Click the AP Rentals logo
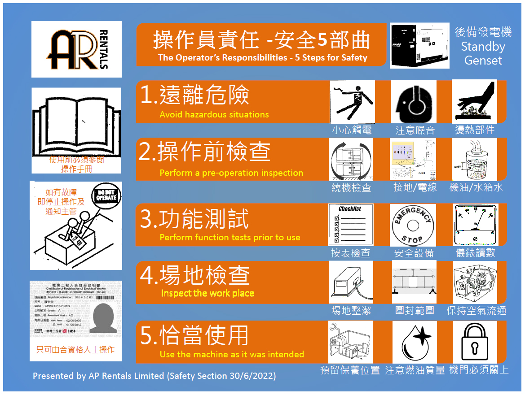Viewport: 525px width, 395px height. [x=76, y=49]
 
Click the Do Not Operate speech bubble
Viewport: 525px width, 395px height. [x=106, y=196]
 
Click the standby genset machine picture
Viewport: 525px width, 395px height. [x=419, y=45]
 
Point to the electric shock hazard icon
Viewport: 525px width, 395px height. [x=352, y=102]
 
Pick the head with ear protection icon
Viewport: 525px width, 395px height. [x=414, y=102]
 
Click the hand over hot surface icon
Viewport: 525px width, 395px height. [x=474, y=102]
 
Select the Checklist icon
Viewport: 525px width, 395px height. [x=351, y=225]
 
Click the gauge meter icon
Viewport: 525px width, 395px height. [x=475, y=225]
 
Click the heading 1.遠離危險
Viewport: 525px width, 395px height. [x=195, y=95]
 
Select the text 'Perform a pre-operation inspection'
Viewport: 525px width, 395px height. [x=231, y=173]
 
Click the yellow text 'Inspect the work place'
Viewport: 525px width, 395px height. [x=207, y=294]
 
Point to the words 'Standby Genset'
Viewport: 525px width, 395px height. [x=483, y=53]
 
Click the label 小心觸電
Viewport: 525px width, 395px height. [x=352, y=130]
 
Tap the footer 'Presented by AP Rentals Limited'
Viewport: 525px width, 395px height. [x=154, y=376]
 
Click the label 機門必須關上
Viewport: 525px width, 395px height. [x=479, y=370]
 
